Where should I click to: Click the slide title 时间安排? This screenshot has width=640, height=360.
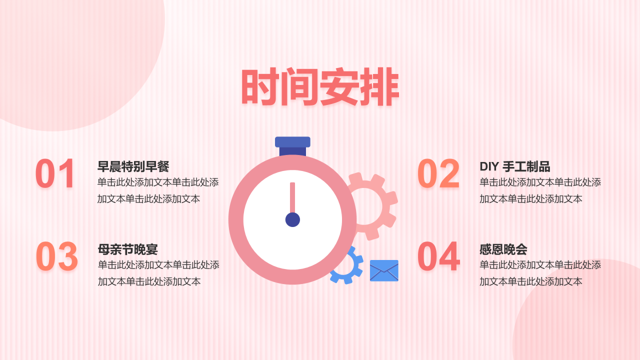320,87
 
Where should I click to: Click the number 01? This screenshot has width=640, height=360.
55,174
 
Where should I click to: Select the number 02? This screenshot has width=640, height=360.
438,174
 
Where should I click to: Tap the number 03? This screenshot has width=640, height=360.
56,256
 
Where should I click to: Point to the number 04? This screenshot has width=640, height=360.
438,256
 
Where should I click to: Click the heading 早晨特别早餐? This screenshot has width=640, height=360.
133,166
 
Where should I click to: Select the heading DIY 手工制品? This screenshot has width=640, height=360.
514,166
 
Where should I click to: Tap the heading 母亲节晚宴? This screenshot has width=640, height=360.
127,249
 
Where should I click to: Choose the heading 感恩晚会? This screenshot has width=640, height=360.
503,249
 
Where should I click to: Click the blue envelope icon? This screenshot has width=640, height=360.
384,270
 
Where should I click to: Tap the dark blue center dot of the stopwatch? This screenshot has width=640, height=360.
292,219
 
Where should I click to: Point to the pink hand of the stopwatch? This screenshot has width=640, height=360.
292,197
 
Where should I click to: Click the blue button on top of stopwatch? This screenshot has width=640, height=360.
292,142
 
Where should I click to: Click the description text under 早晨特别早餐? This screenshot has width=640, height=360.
158,190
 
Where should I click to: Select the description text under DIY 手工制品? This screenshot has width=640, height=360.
540,190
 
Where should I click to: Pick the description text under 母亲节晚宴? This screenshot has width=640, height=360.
158,273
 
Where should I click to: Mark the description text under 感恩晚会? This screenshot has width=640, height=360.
540,273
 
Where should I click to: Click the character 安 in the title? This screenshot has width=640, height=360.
339,87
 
